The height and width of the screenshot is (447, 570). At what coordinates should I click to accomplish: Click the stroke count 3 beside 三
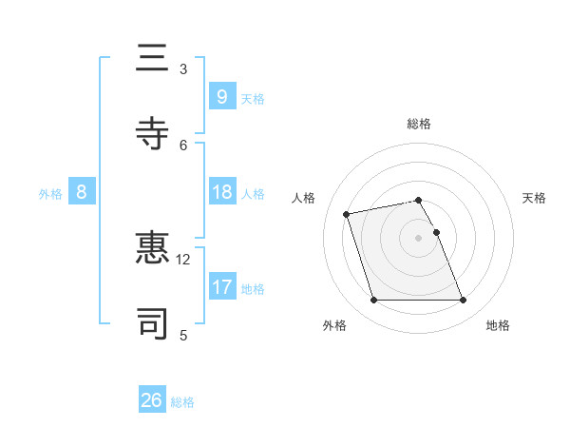coord(183,69)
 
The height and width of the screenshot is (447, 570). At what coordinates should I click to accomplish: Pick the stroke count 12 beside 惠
coord(183,259)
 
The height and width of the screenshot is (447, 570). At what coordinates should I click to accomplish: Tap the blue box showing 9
coord(221,96)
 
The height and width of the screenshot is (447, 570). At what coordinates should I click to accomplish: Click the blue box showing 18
coord(221,192)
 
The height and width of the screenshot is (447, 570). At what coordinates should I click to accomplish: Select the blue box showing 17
coord(221,286)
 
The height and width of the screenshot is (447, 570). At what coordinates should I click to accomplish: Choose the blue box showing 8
coord(82,192)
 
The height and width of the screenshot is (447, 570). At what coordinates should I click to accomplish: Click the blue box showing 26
coord(152,400)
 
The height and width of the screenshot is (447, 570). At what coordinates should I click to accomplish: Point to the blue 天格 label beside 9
coord(253,98)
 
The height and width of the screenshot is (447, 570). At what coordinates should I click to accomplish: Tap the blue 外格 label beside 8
coord(50,194)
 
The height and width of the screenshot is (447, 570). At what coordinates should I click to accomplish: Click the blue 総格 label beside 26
coord(182,402)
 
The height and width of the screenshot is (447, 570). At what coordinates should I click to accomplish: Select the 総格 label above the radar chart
coord(419,124)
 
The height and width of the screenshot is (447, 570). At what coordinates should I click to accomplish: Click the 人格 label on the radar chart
coord(304,198)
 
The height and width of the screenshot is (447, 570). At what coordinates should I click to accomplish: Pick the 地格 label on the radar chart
coord(498,325)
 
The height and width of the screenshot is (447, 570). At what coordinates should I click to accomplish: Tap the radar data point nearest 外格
coord(373,301)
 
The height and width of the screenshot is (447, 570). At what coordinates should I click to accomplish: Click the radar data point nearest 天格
coord(436,232)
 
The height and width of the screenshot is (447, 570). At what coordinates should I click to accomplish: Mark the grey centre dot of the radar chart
coord(418,238)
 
